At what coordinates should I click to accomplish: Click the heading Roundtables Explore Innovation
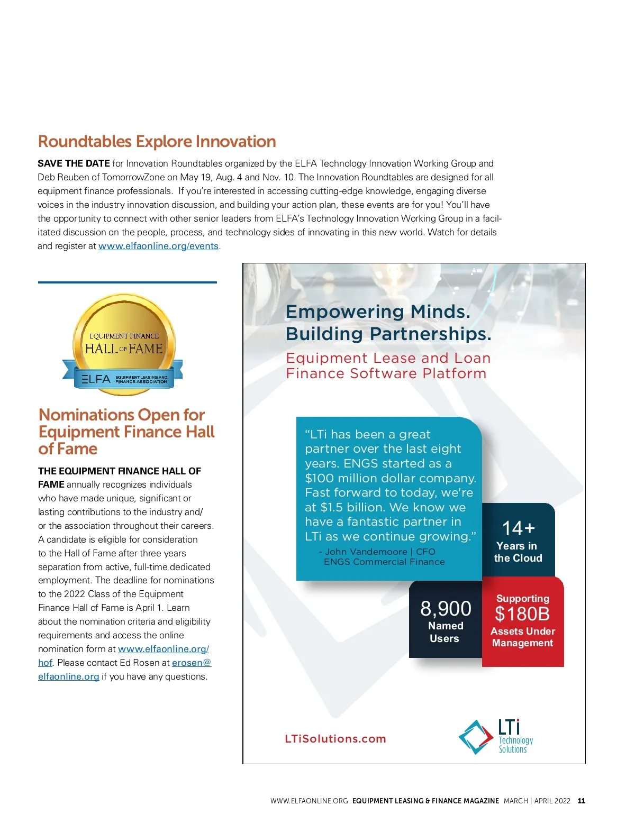[157, 141]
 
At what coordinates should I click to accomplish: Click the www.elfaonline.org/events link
[158, 246]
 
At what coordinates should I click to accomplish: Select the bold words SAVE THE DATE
[74, 163]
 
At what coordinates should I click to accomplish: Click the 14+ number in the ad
[518, 528]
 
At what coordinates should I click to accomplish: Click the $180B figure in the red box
[522, 614]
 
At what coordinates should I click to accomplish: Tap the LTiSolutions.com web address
[335, 739]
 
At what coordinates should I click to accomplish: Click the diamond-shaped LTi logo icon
[476, 737]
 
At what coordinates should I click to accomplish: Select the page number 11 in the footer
[582, 801]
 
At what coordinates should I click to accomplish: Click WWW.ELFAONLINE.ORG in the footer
[309, 801]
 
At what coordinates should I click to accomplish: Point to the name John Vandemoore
[366, 552]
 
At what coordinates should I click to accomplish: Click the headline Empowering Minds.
[378, 312]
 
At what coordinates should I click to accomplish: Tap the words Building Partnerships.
[388, 334]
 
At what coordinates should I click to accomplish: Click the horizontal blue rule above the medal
[127, 282]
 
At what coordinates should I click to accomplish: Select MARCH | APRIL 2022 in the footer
[537, 801]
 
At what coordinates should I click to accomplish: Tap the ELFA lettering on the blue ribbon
[96, 379]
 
